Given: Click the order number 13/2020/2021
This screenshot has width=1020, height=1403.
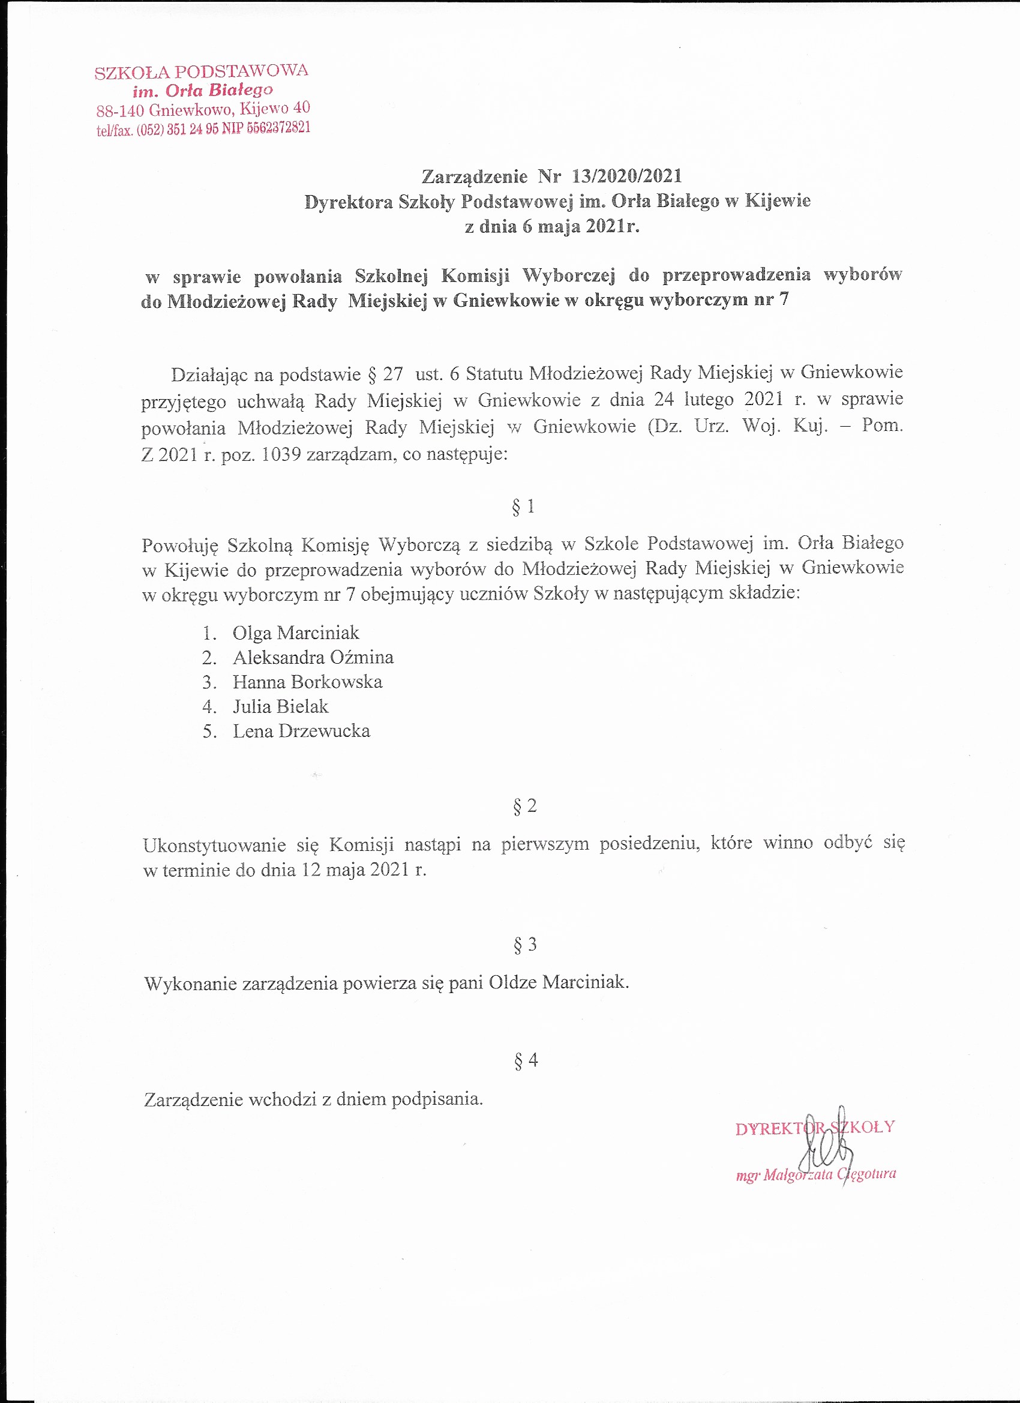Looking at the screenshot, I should [626, 176].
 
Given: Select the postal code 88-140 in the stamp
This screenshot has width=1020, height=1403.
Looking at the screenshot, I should [120, 112].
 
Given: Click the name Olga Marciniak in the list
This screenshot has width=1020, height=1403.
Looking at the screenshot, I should [296, 633].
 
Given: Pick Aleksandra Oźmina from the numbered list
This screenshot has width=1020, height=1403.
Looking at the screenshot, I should [313, 657].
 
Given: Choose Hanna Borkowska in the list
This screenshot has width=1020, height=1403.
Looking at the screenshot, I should [307, 682].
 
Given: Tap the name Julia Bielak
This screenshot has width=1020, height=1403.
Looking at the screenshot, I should [280, 706].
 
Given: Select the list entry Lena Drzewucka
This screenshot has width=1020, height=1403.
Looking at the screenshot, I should [301, 731].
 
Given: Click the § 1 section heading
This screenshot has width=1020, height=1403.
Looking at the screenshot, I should [523, 506].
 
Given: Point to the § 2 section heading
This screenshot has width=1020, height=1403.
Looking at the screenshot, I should [524, 806].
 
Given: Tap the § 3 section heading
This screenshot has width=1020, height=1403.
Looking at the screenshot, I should [524, 945].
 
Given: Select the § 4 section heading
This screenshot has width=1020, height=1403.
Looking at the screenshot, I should [525, 1060].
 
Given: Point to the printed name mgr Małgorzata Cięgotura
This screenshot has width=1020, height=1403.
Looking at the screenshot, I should [815, 1174].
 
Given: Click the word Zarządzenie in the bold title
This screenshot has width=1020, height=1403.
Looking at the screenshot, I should [475, 177].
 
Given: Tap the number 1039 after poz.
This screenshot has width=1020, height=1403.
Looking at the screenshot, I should [281, 455].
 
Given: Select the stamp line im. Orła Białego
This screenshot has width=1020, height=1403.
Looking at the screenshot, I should [202, 91].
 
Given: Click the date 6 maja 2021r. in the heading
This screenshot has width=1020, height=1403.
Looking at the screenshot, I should [580, 226].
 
